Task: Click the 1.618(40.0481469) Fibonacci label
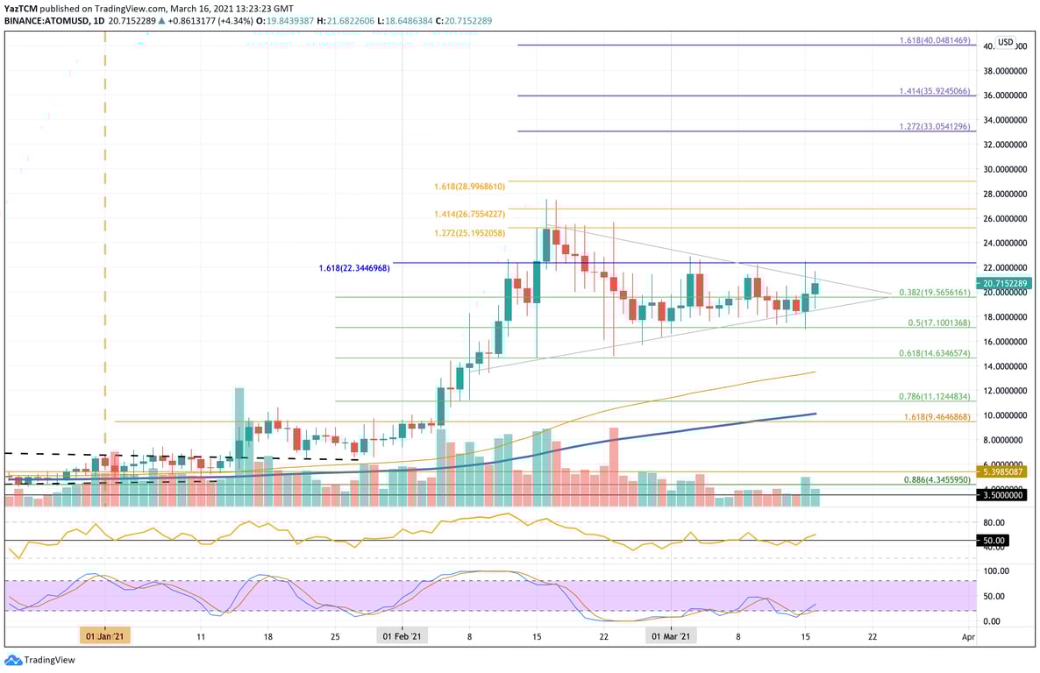point(935,40)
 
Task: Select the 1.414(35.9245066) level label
point(935,90)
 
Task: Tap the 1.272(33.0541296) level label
point(935,126)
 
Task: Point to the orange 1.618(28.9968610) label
point(470,188)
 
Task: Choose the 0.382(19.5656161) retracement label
point(935,293)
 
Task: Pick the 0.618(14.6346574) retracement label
point(935,353)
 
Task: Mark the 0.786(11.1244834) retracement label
point(935,396)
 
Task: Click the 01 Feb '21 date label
point(402,636)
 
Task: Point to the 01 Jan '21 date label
point(105,636)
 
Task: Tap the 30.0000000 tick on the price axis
point(1004,169)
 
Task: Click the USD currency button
point(1005,42)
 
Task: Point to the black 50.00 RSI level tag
point(994,541)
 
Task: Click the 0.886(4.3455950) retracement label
point(935,480)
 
